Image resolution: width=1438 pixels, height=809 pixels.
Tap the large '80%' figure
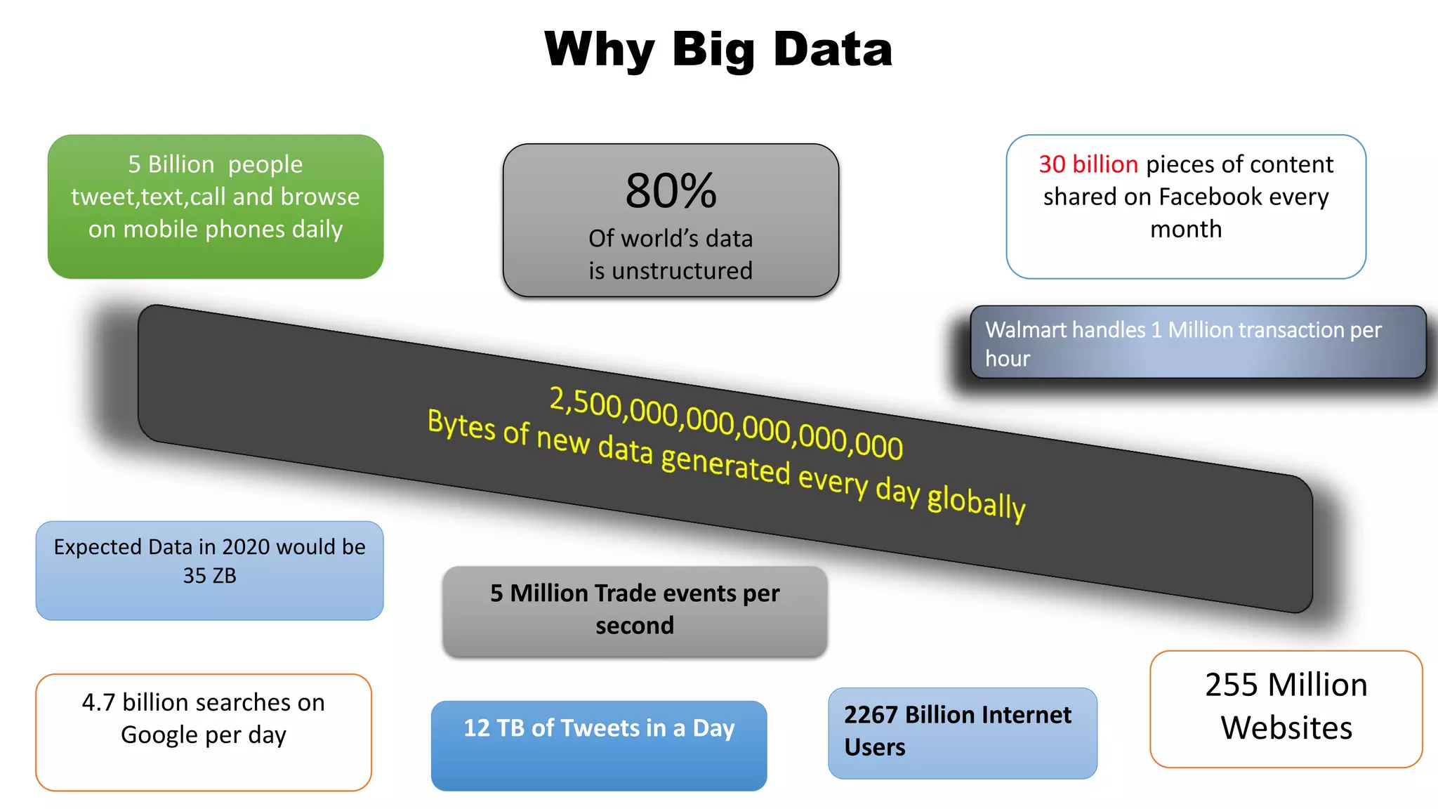(x=671, y=191)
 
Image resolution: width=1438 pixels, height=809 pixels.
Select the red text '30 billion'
(x=1088, y=164)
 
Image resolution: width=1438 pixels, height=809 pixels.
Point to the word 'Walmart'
(x=1029, y=330)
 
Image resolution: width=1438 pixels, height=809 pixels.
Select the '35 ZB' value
(x=209, y=576)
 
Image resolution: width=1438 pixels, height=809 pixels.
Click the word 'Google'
(x=159, y=735)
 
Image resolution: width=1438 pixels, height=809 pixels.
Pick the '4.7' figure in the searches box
(x=98, y=702)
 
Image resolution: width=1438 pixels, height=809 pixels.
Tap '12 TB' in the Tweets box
(x=494, y=728)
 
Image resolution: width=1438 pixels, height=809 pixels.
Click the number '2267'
(x=871, y=715)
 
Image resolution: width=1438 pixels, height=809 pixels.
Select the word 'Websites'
(x=1286, y=728)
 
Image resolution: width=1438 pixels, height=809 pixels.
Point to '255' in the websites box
(x=1231, y=685)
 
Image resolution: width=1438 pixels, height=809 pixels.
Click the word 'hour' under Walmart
(x=1007, y=359)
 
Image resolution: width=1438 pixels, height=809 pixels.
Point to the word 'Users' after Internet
(x=874, y=747)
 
